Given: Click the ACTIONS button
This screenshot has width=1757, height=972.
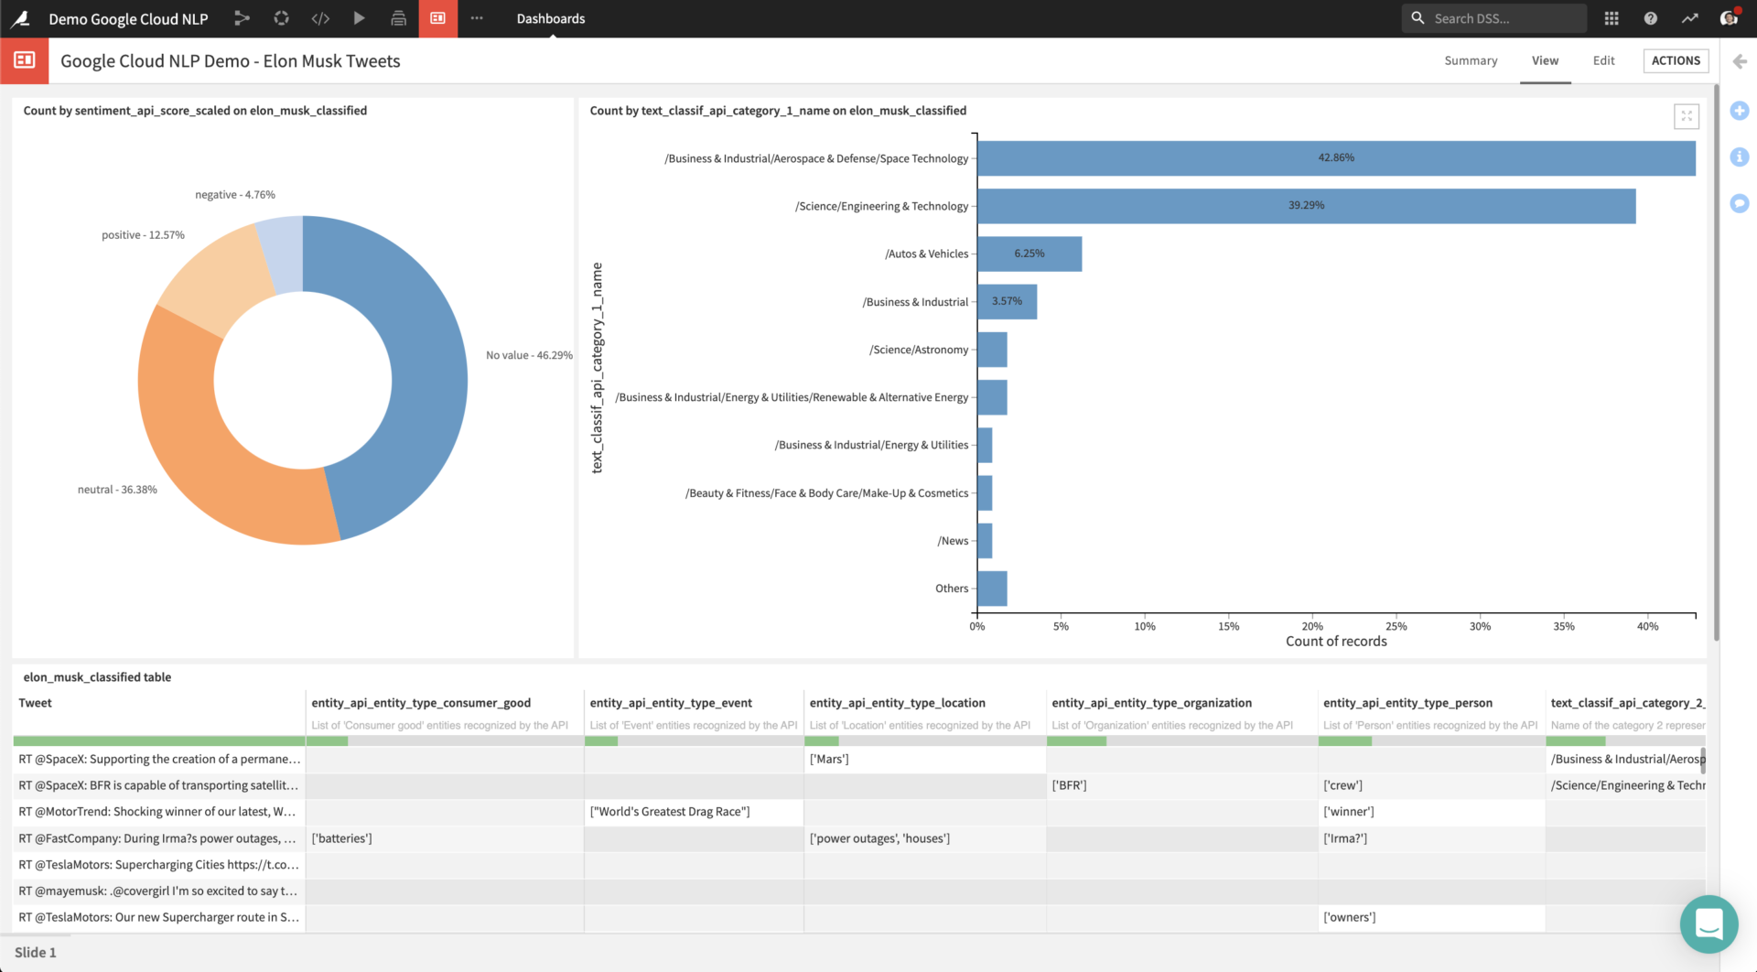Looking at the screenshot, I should point(1676,60).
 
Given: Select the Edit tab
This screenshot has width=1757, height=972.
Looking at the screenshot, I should point(1603,60).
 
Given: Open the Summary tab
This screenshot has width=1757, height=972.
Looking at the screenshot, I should point(1471,60).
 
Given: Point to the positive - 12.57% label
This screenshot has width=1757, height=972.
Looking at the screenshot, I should point(143,235).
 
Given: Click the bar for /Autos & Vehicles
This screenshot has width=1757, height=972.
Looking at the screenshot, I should point(1029,254).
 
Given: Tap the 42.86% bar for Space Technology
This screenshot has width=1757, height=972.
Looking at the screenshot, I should point(1335,157).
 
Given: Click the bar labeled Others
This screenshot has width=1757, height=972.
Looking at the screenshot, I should point(992,589).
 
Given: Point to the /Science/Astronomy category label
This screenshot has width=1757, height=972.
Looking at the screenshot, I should point(918,350).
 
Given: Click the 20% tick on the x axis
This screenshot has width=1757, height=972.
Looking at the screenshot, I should point(1312,626).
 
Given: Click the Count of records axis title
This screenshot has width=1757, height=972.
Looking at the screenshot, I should point(1335,642).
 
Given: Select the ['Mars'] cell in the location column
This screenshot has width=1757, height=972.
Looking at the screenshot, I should point(829,759).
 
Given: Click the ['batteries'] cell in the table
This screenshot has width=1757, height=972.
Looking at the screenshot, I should point(341,838).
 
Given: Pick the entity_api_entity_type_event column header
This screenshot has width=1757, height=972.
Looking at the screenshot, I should point(671,703).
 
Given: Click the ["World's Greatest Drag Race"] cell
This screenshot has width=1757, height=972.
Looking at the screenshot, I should point(670,812).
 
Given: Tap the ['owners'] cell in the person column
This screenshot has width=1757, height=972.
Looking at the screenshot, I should point(1349,917).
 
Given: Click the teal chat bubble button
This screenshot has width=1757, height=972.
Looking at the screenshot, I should point(1708,923).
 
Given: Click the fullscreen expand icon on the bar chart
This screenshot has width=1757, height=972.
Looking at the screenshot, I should point(1686,116).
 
